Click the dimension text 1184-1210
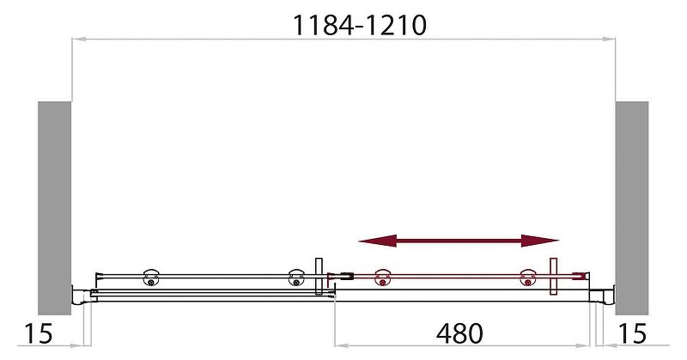360,26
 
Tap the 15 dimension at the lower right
632,333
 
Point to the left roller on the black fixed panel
153,274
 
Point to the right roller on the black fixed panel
296,275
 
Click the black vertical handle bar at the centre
319,275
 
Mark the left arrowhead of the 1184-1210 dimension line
76,39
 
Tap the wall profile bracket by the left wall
77,295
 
